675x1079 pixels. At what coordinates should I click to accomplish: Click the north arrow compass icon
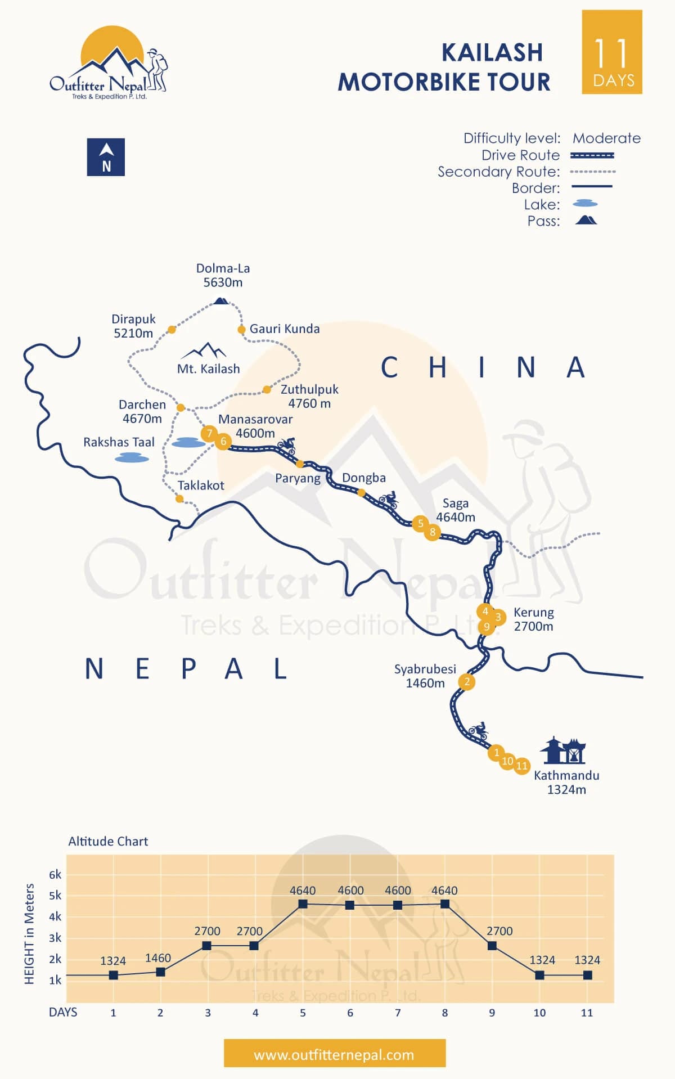pyautogui.click(x=106, y=157)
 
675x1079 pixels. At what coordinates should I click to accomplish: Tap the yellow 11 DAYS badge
pyautogui.click(x=612, y=52)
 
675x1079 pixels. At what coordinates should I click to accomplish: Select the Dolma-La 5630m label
pyautogui.click(x=223, y=276)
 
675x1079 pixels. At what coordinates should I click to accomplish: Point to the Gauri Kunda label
pyautogui.click(x=284, y=329)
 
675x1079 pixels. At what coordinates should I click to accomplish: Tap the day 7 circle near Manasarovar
pyautogui.click(x=209, y=433)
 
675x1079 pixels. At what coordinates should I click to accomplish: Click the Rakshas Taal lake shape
pyautogui.click(x=132, y=458)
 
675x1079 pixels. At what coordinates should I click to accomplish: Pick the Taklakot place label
pyautogui.click(x=201, y=485)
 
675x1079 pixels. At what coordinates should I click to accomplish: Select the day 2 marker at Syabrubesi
pyautogui.click(x=467, y=682)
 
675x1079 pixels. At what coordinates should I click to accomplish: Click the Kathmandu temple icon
pyautogui.click(x=563, y=750)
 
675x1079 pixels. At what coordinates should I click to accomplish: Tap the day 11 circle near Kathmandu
pyautogui.click(x=522, y=766)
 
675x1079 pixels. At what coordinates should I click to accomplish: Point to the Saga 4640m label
pyautogui.click(x=455, y=510)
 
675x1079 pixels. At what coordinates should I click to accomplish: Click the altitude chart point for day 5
pyautogui.click(x=303, y=904)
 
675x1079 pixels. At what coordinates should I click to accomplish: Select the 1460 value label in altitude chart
pyautogui.click(x=157, y=958)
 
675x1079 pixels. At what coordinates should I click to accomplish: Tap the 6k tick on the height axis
pyautogui.click(x=55, y=875)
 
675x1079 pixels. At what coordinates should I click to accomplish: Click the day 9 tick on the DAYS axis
pyautogui.click(x=492, y=1013)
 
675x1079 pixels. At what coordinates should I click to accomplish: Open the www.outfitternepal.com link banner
pyautogui.click(x=334, y=1055)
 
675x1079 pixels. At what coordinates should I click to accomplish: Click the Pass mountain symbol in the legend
pyautogui.click(x=586, y=219)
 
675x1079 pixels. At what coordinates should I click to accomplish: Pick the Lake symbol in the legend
pyautogui.click(x=585, y=204)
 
